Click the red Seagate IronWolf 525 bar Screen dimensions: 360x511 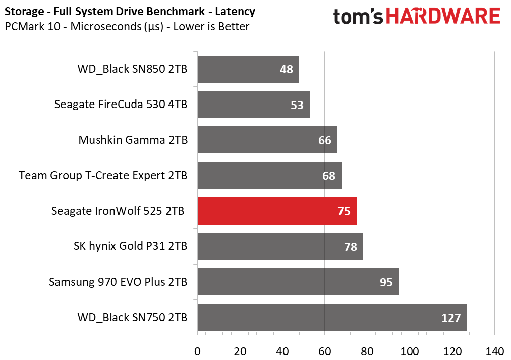pos(276,211)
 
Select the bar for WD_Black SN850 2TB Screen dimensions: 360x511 pos(248,69)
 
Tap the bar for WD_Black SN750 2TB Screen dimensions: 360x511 pos(331,318)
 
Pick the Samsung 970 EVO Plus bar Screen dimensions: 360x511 pos(298,282)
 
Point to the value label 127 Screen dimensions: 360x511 pos(451,318)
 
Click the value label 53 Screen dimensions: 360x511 pos(297,105)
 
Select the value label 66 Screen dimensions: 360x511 pos(325,140)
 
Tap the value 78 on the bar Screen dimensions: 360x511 pos(351,247)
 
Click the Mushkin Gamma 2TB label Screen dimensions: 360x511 pos(133,140)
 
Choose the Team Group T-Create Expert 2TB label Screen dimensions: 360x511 pos(103,176)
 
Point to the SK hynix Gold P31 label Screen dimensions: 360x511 pos(131,247)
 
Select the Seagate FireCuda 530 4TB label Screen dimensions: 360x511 pos(121,105)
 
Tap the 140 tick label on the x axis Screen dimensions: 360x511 pos(494,351)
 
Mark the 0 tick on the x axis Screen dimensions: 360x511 pos(197,351)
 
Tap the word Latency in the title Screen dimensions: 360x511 pos(236,11)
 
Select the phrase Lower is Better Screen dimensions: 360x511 pos(211,27)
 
